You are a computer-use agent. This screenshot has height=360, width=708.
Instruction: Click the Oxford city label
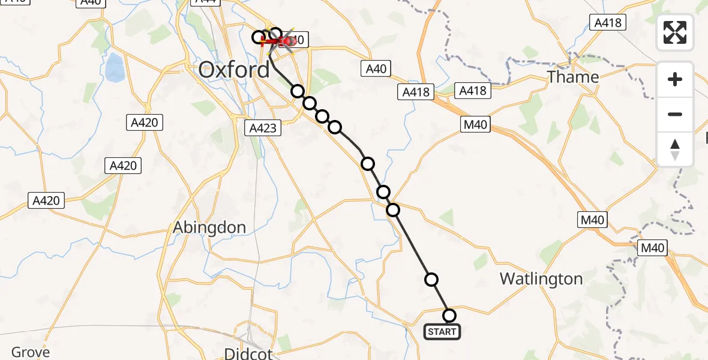234,70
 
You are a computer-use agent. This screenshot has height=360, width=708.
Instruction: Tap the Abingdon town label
209,227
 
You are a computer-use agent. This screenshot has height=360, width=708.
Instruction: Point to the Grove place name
31,352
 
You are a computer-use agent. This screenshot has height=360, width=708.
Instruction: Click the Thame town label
573,77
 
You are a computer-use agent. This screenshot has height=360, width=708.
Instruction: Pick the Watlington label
541,279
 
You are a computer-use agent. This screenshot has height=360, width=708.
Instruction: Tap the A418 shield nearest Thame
608,23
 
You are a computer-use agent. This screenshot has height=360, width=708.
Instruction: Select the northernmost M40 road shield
475,125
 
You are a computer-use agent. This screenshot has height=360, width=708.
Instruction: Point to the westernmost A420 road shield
47,200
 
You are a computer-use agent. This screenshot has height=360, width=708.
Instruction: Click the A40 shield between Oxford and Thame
376,68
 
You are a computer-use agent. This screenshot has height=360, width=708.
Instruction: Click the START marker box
442,331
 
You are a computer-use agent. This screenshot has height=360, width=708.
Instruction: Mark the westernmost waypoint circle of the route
259,37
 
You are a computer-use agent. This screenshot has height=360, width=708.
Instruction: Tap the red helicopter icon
283,41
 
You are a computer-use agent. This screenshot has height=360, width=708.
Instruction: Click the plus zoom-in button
675,79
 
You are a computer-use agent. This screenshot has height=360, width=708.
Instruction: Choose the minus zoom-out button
675,114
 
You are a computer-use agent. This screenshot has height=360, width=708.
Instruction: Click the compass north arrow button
675,149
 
